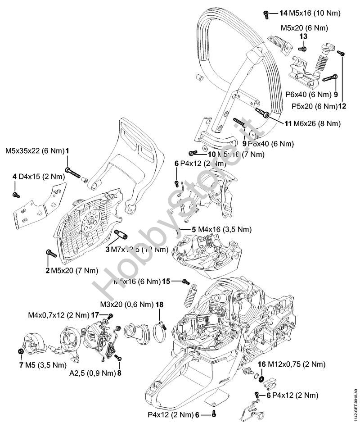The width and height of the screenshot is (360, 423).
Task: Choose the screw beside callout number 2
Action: click(x=50, y=255)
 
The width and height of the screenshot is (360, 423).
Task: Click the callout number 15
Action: click(x=166, y=281)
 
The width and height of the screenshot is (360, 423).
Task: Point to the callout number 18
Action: click(x=159, y=305)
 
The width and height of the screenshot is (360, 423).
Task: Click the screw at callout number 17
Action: click(x=110, y=315)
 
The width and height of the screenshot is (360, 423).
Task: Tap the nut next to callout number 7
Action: click(x=21, y=351)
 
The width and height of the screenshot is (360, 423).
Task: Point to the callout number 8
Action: click(x=119, y=373)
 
